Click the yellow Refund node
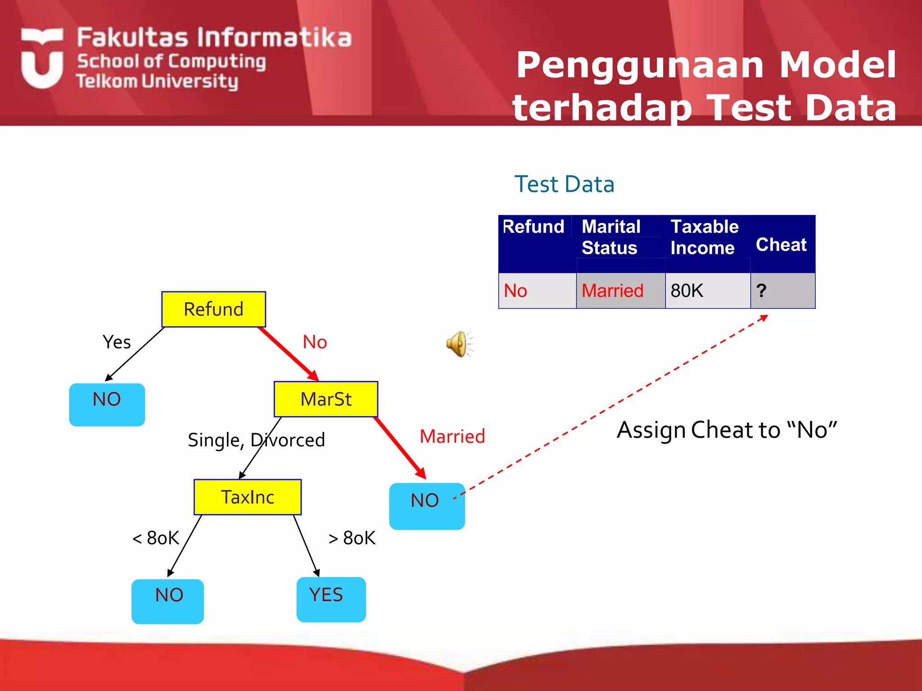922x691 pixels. [x=213, y=309]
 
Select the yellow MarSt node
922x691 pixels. [x=325, y=399]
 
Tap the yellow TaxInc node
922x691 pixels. [x=247, y=497]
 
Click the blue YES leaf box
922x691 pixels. [x=331, y=599]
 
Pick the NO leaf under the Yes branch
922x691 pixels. [x=107, y=404]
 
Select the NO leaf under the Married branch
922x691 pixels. [x=426, y=506]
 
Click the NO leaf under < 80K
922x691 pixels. [x=167, y=601]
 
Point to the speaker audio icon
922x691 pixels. [x=458, y=344]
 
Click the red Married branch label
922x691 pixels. [x=452, y=436]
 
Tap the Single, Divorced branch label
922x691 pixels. [x=256, y=440]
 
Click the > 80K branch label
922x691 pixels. [x=352, y=538]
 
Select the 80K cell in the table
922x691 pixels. [x=707, y=291]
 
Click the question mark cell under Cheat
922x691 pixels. [x=782, y=291]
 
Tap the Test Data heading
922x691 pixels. [x=564, y=184]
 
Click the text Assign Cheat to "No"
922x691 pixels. [x=727, y=430]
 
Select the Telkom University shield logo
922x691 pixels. [x=42, y=58]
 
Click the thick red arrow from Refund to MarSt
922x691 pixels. [x=289, y=354]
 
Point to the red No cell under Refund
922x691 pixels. [x=516, y=291]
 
